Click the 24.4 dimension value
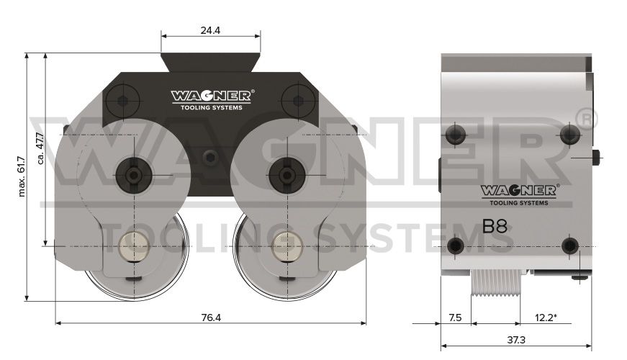tap(210, 30)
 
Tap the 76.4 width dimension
tap(211, 318)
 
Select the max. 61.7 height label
tap(22, 176)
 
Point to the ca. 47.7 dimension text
tap(40, 148)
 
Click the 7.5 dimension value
tap(455, 318)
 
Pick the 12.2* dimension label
tap(546, 318)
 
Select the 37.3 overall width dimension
tap(516, 340)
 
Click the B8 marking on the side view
tap(495, 226)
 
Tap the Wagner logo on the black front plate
tap(212, 99)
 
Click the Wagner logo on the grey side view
tap(520, 195)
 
